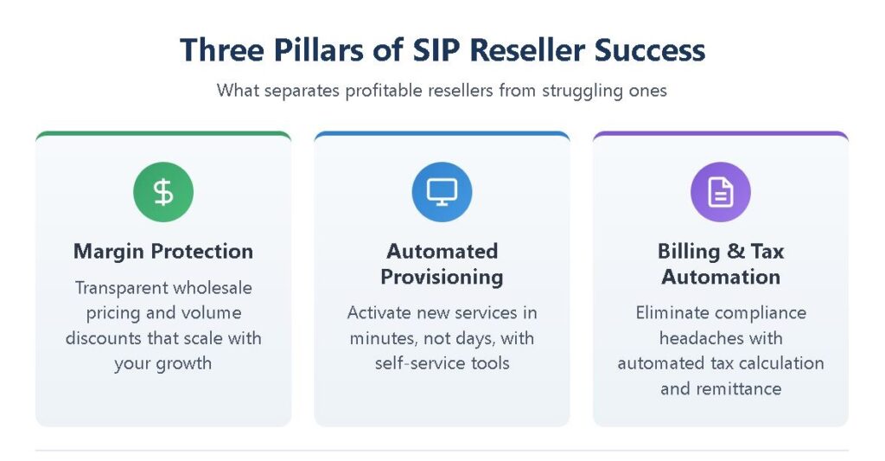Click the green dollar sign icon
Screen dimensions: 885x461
click(x=163, y=192)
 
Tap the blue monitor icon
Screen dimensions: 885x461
click(x=442, y=192)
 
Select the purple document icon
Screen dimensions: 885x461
click(x=721, y=192)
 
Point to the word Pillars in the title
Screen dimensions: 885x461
click(x=319, y=49)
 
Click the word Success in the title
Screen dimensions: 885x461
click(x=650, y=49)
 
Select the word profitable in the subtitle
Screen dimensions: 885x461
click(x=384, y=91)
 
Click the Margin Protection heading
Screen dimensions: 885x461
click(x=163, y=252)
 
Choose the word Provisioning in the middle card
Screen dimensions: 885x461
click(x=442, y=278)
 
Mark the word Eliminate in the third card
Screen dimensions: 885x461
click(x=672, y=312)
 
